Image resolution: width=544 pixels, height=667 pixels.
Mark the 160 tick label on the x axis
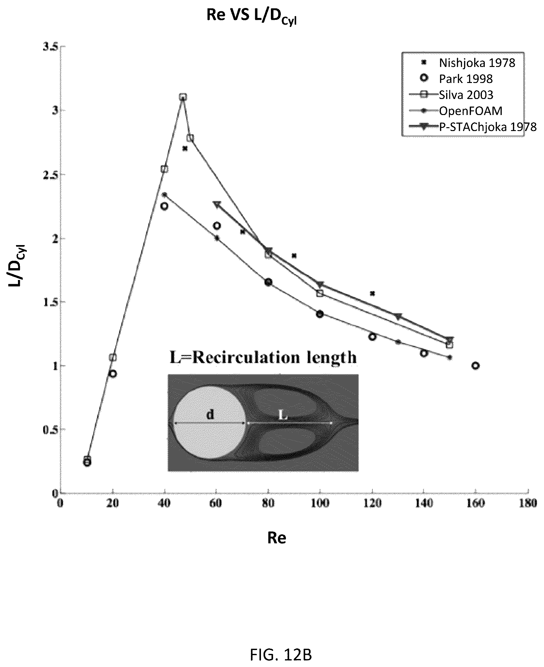point(475,503)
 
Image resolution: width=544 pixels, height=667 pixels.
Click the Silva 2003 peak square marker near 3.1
point(183,97)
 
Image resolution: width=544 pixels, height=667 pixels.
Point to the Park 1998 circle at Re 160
point(475,366)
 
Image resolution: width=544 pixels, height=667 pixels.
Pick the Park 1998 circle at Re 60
point(217,226)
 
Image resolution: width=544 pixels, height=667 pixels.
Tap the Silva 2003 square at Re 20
point(112,357)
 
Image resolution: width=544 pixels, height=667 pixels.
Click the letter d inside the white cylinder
point(210,415)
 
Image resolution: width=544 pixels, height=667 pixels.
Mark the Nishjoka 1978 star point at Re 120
point(372,293)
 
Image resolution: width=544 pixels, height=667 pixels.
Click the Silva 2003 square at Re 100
point(320,293)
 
